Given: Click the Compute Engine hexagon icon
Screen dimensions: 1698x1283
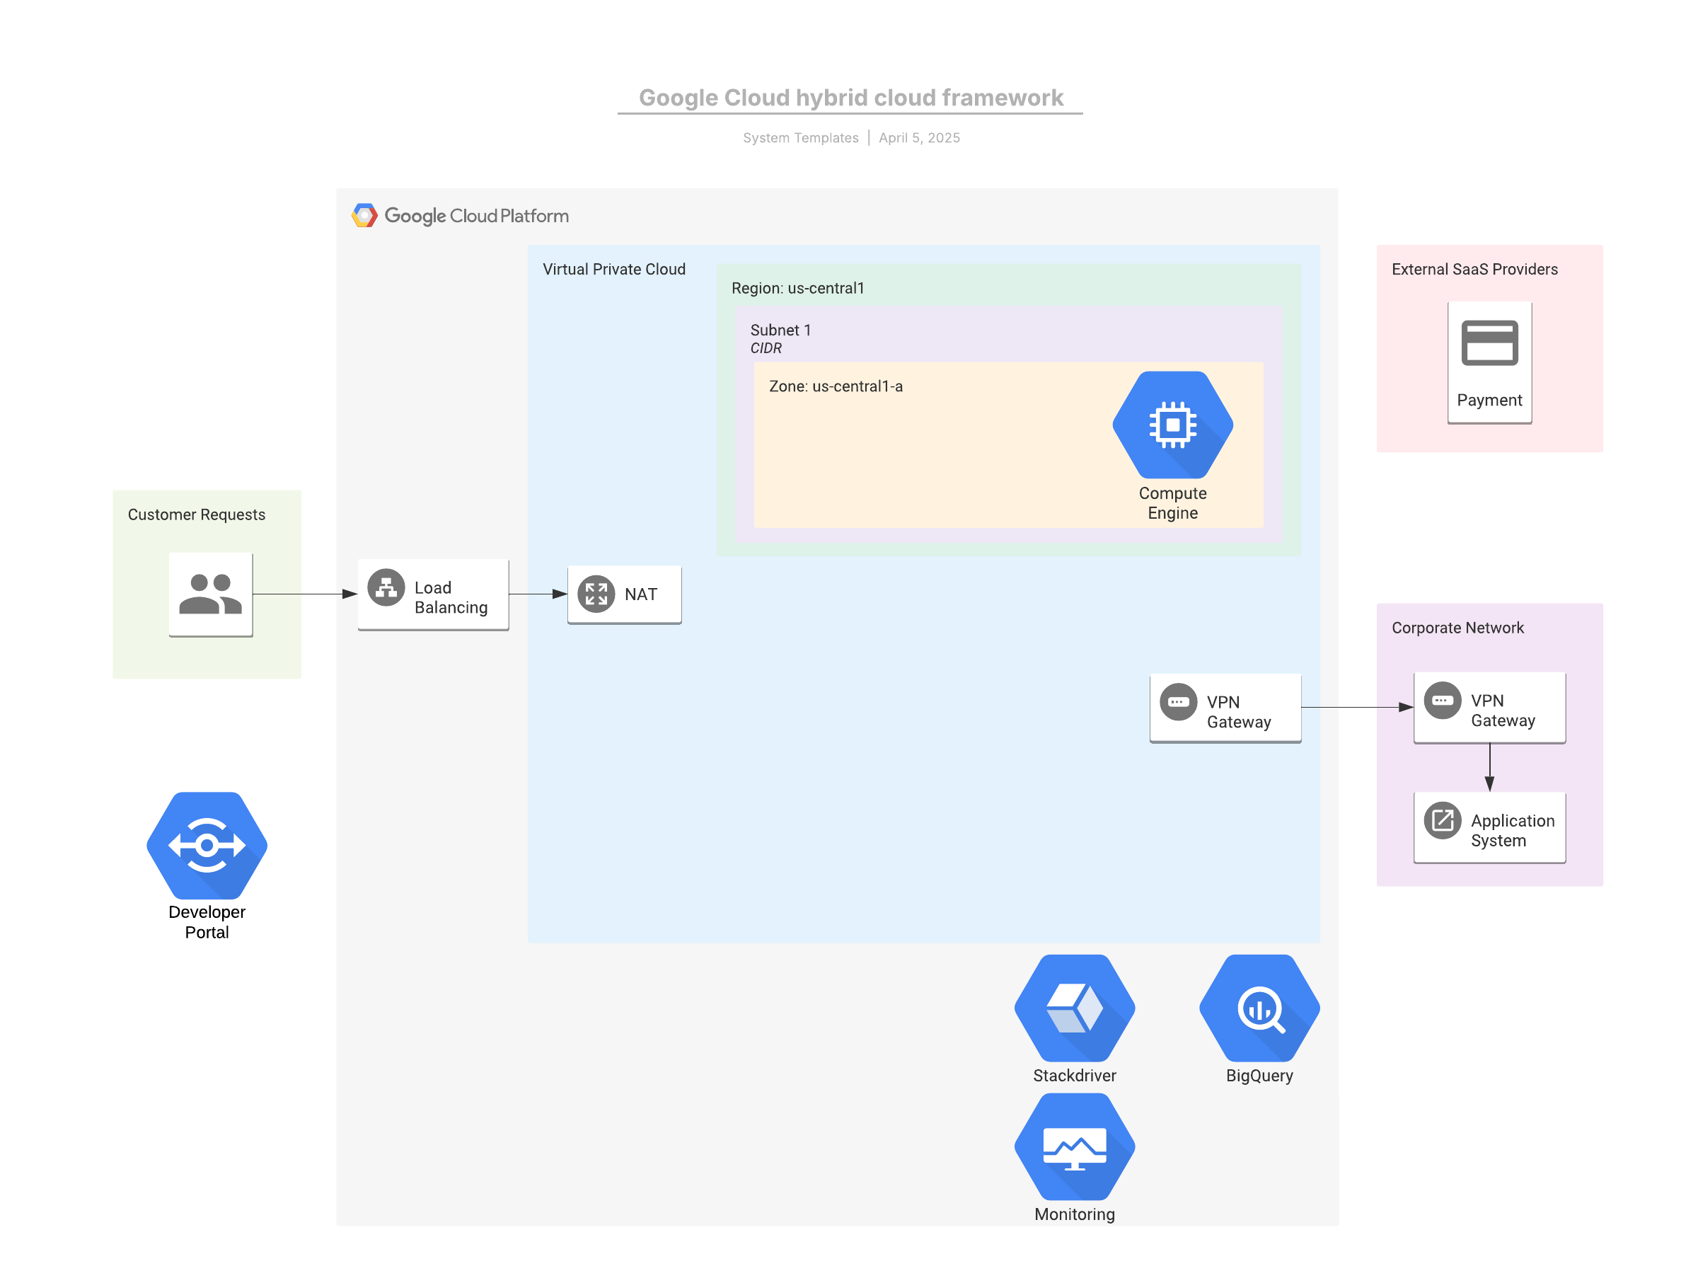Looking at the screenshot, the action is [1172, 425].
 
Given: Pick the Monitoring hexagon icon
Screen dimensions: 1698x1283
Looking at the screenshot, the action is [1074, 1146].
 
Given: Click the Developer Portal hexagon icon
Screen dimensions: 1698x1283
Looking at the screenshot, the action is [207, 846].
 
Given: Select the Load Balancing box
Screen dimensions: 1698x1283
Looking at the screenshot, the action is [433, 595].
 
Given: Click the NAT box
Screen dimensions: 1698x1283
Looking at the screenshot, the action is [624, 595].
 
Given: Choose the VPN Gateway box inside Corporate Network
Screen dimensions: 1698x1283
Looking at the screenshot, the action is [1489, 708].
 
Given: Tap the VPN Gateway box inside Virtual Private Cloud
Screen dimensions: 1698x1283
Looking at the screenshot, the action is [1225, 708].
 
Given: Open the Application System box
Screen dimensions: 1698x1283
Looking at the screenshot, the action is [1489, 828].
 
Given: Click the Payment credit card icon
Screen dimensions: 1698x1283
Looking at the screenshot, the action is [1489, 343].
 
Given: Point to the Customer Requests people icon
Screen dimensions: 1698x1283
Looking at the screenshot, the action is [210, 594].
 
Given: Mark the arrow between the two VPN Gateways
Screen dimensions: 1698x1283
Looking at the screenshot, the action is [1357, 707].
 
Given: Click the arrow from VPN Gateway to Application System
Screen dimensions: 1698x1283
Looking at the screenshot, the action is [1489, 768].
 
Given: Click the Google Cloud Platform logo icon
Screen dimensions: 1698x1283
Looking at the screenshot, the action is [364, 216].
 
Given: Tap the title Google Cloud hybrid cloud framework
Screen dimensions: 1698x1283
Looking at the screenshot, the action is [850, 98].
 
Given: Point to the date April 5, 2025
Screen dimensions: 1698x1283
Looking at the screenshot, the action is [919, 138].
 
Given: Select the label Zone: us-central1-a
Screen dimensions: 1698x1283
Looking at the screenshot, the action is [836, 386].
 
